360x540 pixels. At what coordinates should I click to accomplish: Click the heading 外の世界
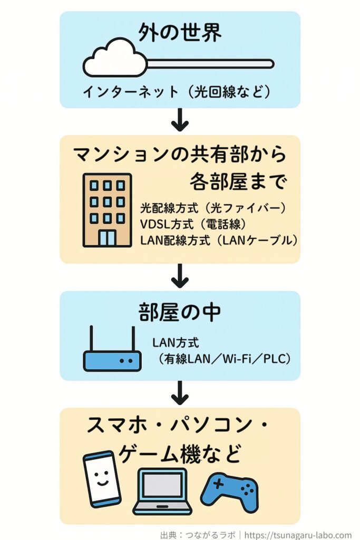tap(180, 33)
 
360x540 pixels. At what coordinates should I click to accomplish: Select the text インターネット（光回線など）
tap(177, 92)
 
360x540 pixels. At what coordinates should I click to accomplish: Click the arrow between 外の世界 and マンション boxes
tap(180, 121)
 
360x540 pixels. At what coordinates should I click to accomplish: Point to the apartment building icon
tap(107, 210)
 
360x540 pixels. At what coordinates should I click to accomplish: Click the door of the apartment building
tap(107, 237)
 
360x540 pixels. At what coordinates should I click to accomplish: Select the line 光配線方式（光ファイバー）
tap(213, 208)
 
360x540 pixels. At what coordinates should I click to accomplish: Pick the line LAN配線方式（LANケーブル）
tap(219, 240)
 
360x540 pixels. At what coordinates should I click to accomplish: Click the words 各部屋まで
tap(238, 182)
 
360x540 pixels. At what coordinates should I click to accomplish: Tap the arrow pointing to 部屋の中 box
tap(180, 276)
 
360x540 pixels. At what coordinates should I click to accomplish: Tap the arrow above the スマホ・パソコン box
tap(180, 393)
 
